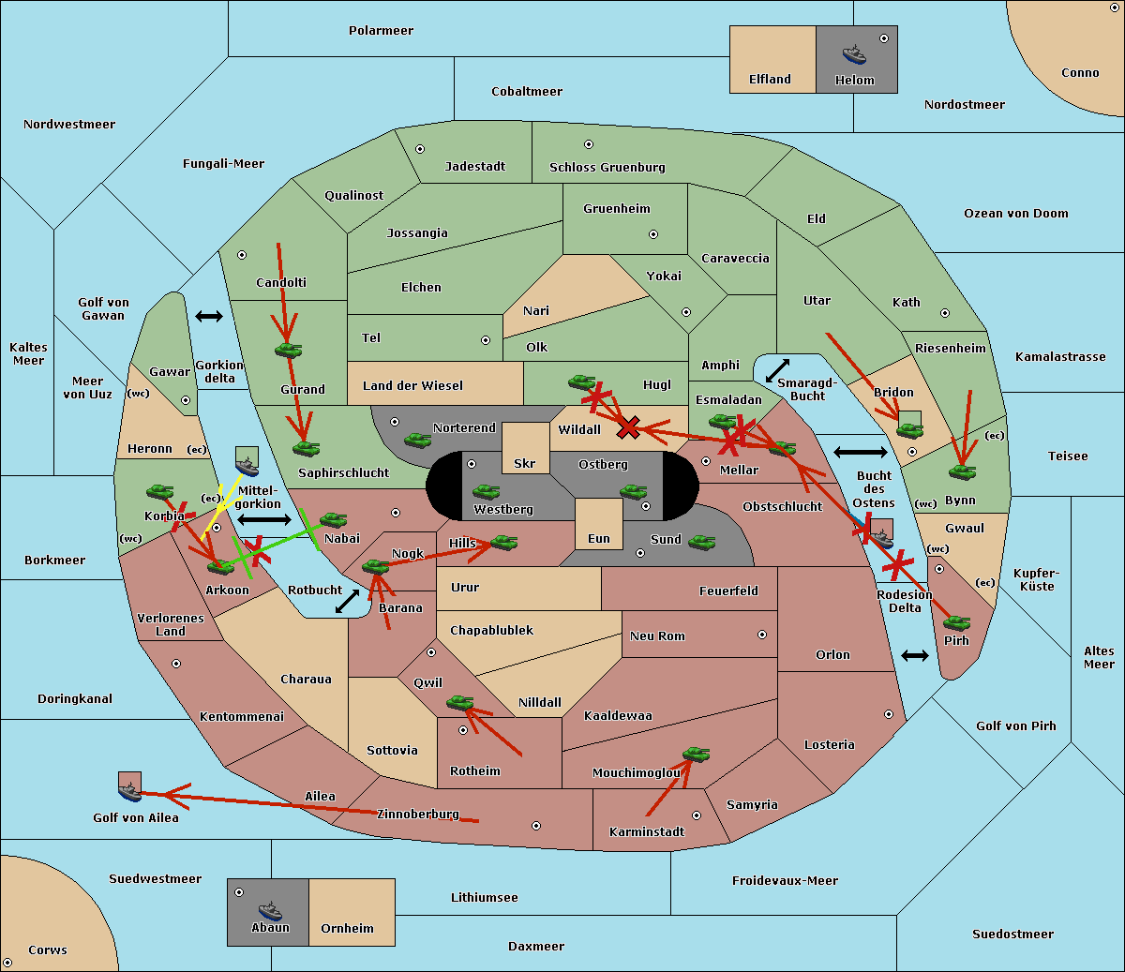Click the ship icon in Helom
pos(854,54)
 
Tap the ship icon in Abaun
pos(271,911)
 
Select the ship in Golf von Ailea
pos(130,792)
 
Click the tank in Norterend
pos(417,440)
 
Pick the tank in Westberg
pos(486,491)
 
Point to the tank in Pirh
pos(956,622)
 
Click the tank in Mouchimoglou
pos(697,754)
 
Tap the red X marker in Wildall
pos(629,427)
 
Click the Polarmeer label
pos(381,31)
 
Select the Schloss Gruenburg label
pos(607,167)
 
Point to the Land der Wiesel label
pos(412,386)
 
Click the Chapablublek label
pos(491,630)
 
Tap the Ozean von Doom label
pos(1015,214)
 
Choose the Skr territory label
pos(525,463)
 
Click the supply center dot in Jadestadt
pos(420,149)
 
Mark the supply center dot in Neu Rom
pos(762,635)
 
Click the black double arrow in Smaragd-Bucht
pos(777,370)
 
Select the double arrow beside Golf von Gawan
pos(209,316)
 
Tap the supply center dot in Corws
pos(7,963)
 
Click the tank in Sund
pos(701,542)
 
